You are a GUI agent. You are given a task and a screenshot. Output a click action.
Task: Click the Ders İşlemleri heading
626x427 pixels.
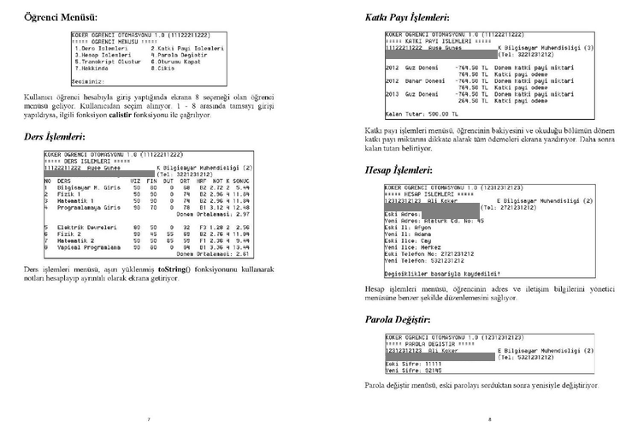coord(54,137)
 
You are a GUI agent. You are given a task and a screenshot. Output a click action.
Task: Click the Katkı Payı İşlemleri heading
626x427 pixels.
coord(406,16)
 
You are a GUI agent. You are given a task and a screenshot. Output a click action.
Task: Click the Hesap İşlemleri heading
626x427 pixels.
coord(400,170)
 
